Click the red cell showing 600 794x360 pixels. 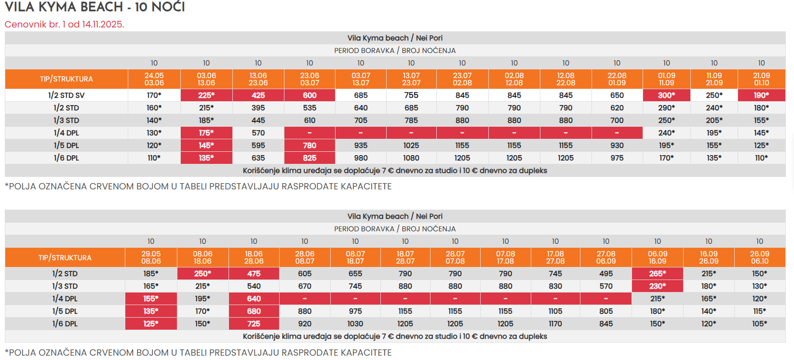point(310,95)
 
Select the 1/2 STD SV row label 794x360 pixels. point(67,95)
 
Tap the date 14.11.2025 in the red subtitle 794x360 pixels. point(103,24)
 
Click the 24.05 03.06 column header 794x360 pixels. point(154,79)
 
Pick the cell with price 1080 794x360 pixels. point(411,158)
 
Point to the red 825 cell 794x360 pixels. point(310,158)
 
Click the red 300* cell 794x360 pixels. point(666,95)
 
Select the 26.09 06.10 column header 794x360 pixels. point(759,257)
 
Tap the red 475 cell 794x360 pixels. point(254,274)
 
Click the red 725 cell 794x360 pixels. point(254,324)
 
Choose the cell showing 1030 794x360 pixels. point(355,324)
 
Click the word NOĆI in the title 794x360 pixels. point(168,7)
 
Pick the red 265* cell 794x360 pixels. point(658,274)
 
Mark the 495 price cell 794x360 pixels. point(606,274)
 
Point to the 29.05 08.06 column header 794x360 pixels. point(151,257)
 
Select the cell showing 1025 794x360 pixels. point(411,146)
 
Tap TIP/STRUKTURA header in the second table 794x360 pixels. point(65,258)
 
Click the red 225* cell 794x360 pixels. point(206,95)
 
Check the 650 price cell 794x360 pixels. point(617,95)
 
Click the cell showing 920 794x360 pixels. point(305,324)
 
